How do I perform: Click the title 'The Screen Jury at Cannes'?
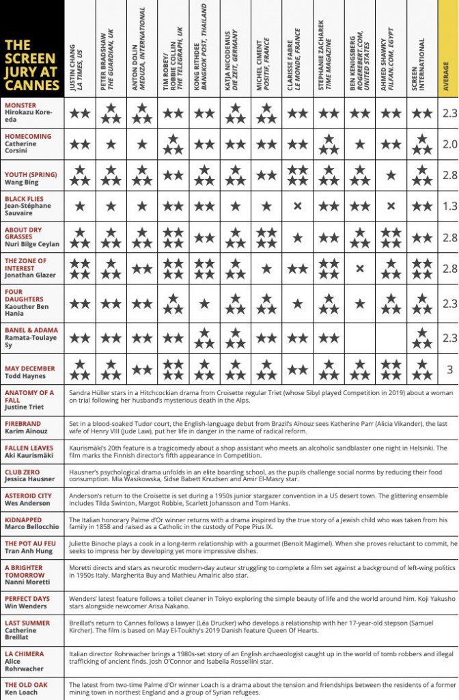31,65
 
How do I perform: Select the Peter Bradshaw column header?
110,51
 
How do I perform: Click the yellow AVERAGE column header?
447,51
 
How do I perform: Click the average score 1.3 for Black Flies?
448,206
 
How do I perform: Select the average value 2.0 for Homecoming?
448,145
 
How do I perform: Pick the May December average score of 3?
448,370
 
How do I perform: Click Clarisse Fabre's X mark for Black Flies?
297,206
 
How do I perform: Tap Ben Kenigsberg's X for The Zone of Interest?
360,269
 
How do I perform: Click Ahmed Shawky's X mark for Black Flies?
391,206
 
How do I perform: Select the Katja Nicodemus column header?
235,51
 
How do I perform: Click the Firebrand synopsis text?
260,428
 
